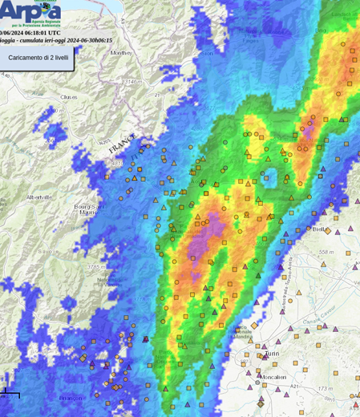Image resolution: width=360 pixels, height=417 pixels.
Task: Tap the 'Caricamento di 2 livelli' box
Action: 39,59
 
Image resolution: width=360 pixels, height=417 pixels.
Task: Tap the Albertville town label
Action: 38,196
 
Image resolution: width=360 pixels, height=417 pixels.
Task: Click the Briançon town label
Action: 71,397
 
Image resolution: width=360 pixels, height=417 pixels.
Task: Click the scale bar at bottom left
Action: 10,394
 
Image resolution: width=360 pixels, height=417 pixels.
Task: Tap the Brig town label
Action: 322,30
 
